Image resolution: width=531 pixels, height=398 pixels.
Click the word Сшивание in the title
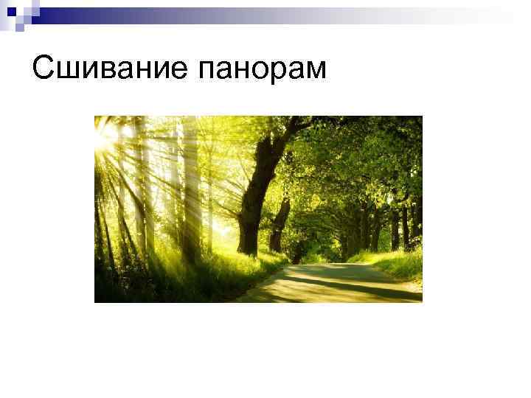point(109,70)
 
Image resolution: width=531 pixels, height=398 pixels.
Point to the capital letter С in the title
point(43,69)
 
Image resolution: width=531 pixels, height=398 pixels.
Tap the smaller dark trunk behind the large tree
point(280,221)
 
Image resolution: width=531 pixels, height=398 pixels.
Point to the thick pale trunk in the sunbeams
point(190,192)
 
